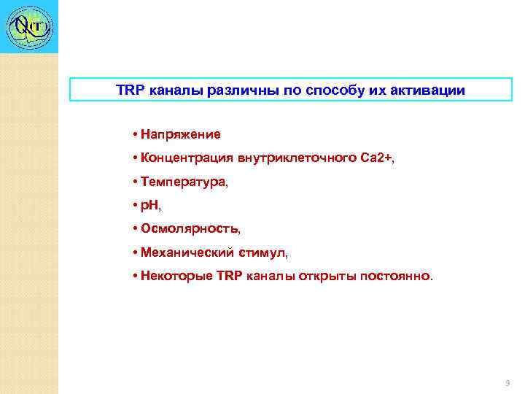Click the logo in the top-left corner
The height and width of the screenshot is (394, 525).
click(29, 27)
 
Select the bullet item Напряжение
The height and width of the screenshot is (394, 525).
click(181, 135)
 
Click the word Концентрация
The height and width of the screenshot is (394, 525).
click(185, 158)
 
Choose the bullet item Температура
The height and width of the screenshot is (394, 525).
click(184, 182)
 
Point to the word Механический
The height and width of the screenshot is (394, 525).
click(186, 253)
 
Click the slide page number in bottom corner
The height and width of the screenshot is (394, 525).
click(507, 383)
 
